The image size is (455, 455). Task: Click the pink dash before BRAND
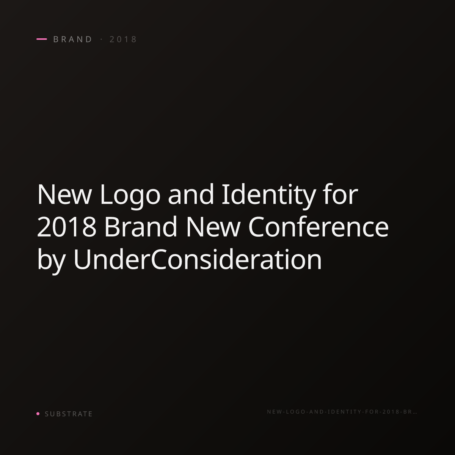(42, 39)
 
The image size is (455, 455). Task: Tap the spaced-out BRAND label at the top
(73, 39)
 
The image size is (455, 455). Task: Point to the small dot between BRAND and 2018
(102, 39)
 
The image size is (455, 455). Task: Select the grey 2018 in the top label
(123, 39)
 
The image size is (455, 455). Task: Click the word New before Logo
(64, 195)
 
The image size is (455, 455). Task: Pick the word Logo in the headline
(130, 196)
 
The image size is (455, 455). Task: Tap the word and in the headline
(191, 194)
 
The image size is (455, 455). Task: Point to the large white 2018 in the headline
(67, 227)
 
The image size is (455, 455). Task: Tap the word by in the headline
(51, 261)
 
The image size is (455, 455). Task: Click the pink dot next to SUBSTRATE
(38, 414)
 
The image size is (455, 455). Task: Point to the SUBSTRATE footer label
(69, 414)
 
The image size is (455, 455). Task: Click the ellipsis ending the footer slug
(415, 413)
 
